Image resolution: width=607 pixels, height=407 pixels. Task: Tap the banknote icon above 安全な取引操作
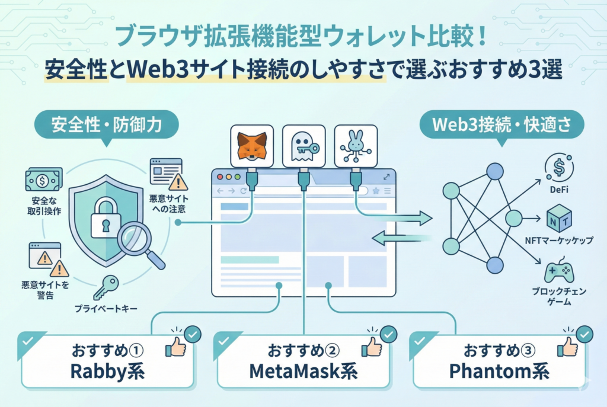pyautogui.click(x=43, y=180)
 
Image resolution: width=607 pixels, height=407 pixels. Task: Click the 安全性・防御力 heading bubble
pyautogui.click(x=98, y=124)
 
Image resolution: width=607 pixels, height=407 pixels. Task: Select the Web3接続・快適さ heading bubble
pyautogui.click(x=501, y=124)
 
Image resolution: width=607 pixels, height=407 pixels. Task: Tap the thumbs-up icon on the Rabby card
pyautogui.click(x=175, y=348)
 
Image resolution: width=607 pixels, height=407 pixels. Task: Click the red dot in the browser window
pyautogui.click(x=221, y=177)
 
